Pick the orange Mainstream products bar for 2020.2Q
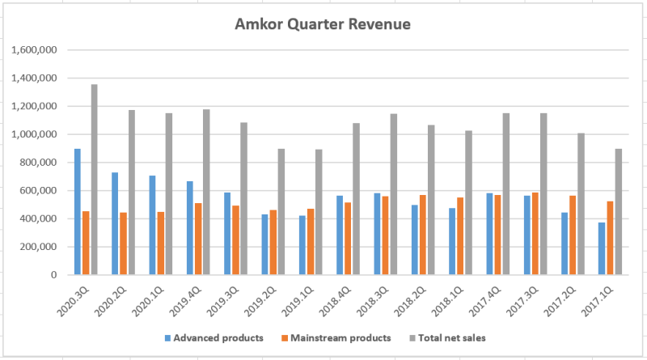tap(123, 244)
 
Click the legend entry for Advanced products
tap(207, 337)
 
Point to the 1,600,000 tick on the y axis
tap(34, 50)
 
